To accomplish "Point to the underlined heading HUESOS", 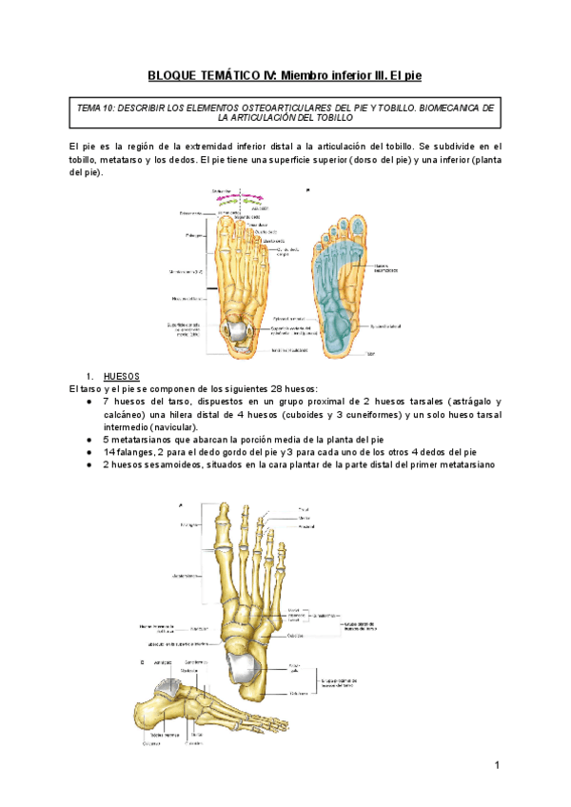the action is pyautogui.click(x=119, y=376).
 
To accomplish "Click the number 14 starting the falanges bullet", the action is pyautogui.click(x=109, y=452).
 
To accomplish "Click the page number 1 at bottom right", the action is pyautogui.click(x=497, y=766).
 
